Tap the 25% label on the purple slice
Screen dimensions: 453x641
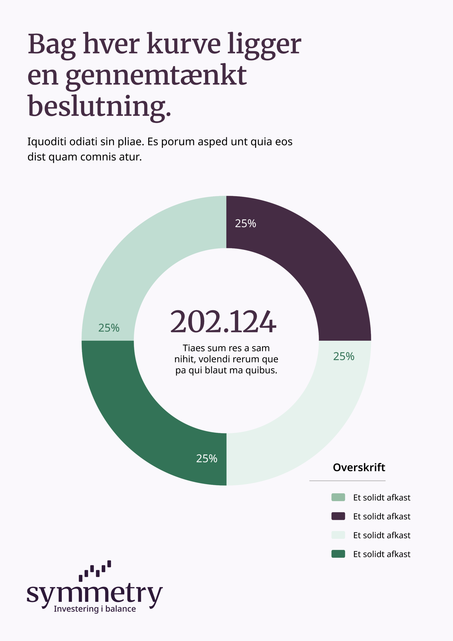[x=245, y=223]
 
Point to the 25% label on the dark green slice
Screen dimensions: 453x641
[x=206, y=458]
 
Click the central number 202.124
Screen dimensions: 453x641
[x=223, y=322]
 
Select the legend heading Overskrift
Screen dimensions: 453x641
[x=359, y=467]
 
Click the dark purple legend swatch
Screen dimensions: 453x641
[x=338, y=516]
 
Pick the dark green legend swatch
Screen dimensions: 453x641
[x=338, y=554]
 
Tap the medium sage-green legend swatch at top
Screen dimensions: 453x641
[x=338, y=497]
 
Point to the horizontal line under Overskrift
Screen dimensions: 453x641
[x=347, y=481]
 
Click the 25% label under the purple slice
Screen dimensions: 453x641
[x=344, y=356]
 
